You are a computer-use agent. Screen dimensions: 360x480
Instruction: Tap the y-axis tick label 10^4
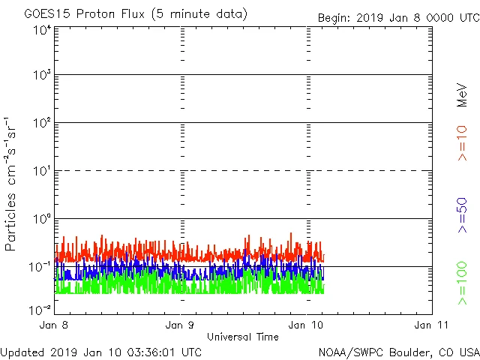pyautogui.click(x=41, y=31)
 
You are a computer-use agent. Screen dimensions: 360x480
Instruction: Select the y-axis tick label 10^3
pyautogui.click(x=41, y=76)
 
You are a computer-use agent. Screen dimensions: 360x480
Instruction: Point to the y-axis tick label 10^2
pyautogui.click(x=41, y=124)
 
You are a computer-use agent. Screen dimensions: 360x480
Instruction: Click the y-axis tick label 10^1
pyautogui.click(x=41, y=172)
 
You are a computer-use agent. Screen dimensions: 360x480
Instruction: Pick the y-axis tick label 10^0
pyautogui.click(x=41, y=220)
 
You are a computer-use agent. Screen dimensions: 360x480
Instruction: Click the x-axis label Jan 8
pyautogui.click(x=56, y=325)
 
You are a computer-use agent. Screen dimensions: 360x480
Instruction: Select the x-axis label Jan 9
pyautogui.click(x=180, y=325)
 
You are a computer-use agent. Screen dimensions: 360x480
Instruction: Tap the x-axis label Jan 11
pyautogui.click(x=431, y=325)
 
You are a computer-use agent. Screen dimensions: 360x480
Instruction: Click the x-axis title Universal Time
pyautogui.click(x=242, y=337)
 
